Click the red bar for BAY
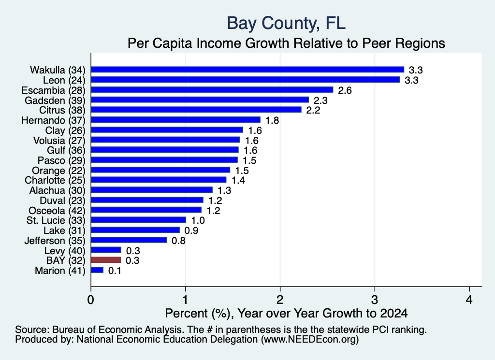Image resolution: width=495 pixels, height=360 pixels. coord(106,260)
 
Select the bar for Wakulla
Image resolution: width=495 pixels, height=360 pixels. coord(248,70)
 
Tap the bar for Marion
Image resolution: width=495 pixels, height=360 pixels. coord(97,270)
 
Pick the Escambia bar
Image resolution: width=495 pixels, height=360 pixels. coord(212,90)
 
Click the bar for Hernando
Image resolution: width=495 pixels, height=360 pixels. coord(176,120)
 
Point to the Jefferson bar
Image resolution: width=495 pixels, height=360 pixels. coord(129,240)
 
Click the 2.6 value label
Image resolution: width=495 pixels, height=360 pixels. coord(345,90)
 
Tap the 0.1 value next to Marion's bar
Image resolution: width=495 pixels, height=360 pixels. coord(115,271)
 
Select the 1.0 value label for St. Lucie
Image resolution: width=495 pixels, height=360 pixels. coord(198,220)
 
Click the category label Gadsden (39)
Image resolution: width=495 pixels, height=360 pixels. coord(55,101)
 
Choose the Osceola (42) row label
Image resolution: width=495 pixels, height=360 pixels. coord(57,211)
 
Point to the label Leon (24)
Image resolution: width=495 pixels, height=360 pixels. coord(64,80)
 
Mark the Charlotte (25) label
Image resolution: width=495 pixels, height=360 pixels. coord(55,180)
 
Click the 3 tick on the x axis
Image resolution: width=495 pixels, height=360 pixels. coord(375,300)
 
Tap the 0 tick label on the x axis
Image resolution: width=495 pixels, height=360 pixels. coord(91,300)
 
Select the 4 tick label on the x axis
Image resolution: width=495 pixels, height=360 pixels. coord(469,300)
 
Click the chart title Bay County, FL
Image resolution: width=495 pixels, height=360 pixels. coord(286,23)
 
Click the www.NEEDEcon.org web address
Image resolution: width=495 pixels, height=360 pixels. coord(310,340)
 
